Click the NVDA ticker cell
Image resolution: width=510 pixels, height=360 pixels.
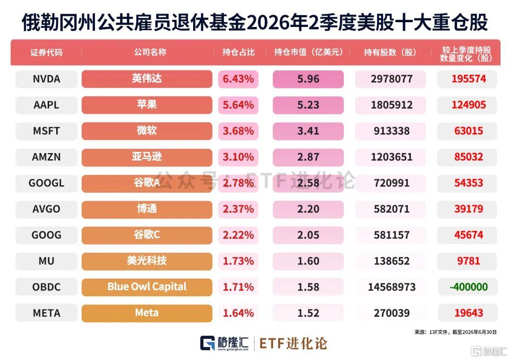point(46,79)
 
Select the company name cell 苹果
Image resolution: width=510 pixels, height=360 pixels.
point(147,105)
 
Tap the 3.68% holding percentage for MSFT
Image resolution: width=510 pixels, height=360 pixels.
point(238,131)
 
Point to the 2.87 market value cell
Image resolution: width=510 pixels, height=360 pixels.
point(308,157)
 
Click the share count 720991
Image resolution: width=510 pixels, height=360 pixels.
point(391,183)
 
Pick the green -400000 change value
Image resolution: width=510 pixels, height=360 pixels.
point(468,287)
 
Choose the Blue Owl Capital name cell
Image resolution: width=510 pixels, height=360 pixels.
point(147,287)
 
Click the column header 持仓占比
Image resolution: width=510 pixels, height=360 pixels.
point(238,52)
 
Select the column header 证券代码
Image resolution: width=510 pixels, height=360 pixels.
point(46,52)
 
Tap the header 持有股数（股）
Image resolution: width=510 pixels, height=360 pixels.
point(390,52)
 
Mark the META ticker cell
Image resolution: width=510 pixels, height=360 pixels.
point(46,313)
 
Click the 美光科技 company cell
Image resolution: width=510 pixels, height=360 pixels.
point(147,261)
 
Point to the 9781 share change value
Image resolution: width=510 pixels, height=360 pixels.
point(468,261)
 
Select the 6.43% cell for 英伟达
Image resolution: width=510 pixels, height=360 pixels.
point(238,79)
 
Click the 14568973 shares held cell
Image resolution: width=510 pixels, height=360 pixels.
point(391,287)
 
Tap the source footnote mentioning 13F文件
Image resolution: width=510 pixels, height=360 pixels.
point(455,332)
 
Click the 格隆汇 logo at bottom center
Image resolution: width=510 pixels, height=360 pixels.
point(224,343)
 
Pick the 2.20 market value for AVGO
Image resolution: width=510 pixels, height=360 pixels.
point(308,209)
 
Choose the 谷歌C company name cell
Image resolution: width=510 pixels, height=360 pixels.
point(147,235)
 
